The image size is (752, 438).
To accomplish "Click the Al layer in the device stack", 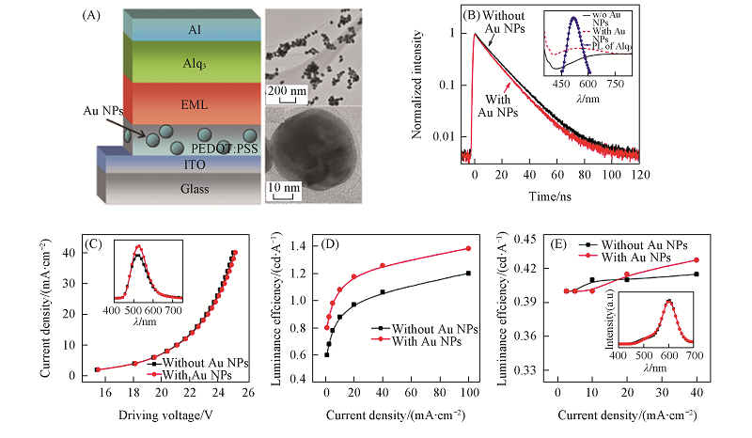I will [x=194, y=30].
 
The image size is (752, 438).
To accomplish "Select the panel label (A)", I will [x=93, y=16].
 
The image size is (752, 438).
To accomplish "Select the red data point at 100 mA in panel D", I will [x=468, y=249].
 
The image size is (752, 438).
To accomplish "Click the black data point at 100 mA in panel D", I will [x=468, y=274].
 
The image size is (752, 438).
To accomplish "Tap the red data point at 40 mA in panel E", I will [x=697, y=259].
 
